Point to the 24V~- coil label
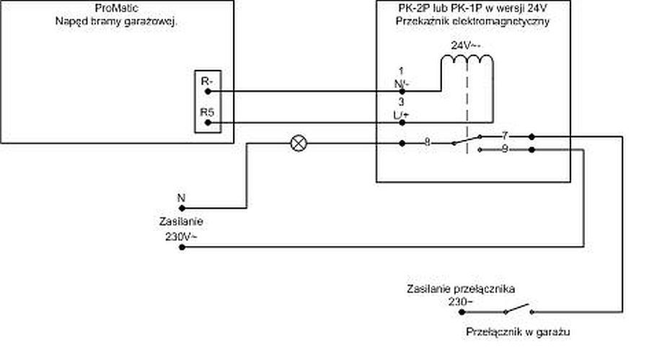click(x=467, y=45)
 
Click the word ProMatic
click(x=116, y=7)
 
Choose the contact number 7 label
click(x=505, y=135)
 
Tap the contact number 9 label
click(x=505, y=149)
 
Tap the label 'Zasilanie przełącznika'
click(x=469, y=289)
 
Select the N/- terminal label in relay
click(x=402, y=84)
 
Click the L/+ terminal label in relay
click(x=402, y=115)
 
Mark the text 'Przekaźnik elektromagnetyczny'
click(x=473, y=22)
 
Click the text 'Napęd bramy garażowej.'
click(x=116, y=21)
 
